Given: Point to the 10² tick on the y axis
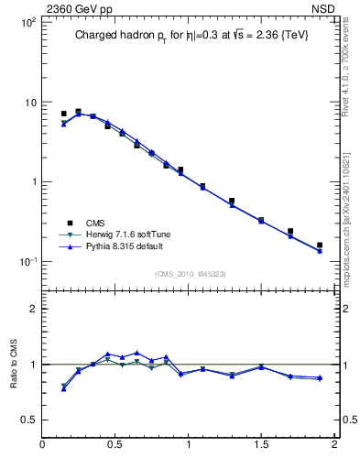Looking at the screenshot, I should coord(27,22).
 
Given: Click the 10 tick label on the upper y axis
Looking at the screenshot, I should coord(29,102).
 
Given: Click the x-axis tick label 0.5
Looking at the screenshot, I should coord(115,445).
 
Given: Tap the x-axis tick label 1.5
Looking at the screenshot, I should coord(261,445).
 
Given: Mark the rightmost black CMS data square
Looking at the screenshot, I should coord(320,245).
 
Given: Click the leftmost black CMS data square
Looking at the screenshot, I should coord(63,114).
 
